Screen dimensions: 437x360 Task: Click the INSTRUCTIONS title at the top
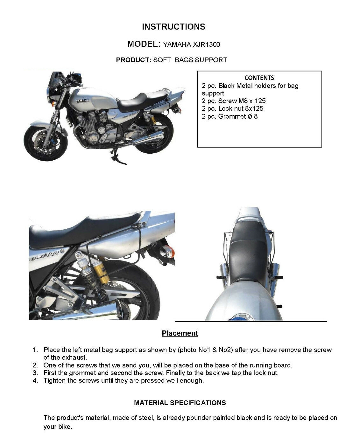coord(173,27)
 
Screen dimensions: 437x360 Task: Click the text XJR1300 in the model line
coord(206,45)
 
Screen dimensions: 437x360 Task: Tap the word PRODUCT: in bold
coord(133,60)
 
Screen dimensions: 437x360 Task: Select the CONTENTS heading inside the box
coord(259,78)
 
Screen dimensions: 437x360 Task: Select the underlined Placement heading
coord(180,333)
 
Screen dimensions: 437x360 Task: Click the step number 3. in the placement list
coord(35,373)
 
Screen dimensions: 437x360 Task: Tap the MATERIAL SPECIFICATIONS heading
coord(180,403)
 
